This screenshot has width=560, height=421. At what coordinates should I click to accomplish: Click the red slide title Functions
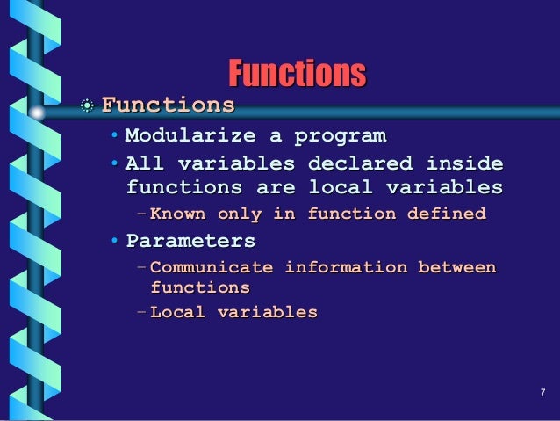[x=297, y=73]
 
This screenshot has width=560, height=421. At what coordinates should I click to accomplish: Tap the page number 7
[x=543, y=392]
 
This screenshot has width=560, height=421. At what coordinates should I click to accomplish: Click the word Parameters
[x=190, y=240]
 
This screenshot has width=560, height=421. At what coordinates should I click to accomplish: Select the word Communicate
[x=212, y=267]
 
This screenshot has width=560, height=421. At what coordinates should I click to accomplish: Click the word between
[x=456, y=267]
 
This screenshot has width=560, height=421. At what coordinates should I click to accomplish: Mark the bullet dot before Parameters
[x=116, y=241]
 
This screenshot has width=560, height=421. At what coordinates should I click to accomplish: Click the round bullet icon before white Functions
[x=88, y=106]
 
